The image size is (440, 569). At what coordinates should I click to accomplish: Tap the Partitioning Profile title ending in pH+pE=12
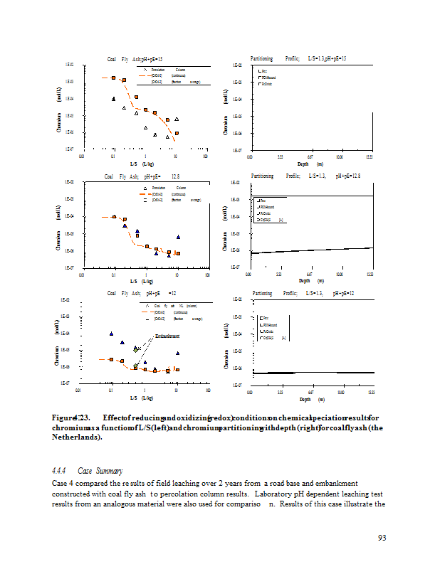point(303,293)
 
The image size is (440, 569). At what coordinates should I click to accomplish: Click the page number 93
point(382,538)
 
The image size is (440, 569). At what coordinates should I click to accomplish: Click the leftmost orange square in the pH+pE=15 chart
point(113,77)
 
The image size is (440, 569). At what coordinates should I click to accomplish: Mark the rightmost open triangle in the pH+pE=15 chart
point(177,119)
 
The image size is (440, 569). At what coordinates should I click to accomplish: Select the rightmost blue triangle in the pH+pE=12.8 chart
point(178,237)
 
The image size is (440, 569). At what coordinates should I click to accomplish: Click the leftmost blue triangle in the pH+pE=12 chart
point(111,334)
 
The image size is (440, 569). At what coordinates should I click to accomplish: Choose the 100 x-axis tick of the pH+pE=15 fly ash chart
point(206,156)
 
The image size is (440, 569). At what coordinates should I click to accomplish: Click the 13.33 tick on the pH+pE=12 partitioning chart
point(369,392)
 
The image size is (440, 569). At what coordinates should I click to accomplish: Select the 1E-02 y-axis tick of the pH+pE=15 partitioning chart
point(238,65)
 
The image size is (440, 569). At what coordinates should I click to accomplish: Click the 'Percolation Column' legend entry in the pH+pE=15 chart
point(169,69)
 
